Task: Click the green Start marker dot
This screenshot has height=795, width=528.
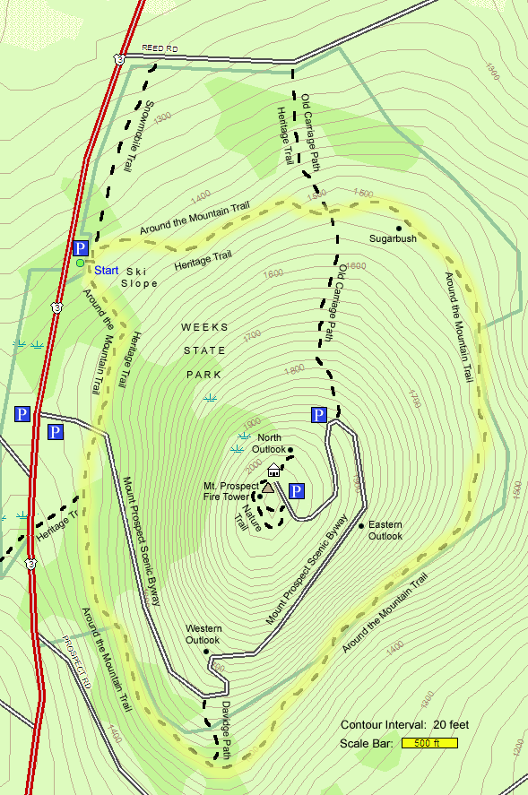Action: (x=80, y=263)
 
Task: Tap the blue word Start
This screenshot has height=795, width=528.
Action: (x=107, y=270)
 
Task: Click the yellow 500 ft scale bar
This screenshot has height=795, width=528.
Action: (x=430, y=743)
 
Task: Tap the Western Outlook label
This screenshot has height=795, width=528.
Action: (x=203, y=634)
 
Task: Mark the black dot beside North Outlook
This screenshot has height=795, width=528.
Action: (x=290, y=449)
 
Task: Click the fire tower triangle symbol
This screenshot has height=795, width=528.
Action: (x=267, y=488)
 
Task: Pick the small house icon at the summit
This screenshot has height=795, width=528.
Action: (x=273, y=471)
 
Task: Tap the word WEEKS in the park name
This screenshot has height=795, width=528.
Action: (x=205, y=327)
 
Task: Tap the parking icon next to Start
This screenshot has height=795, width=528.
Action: (x=81, y=248)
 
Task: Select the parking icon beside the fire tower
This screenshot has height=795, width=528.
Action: (x=297, y=490)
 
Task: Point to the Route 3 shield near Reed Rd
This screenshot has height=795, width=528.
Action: (x=118, y=59)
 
